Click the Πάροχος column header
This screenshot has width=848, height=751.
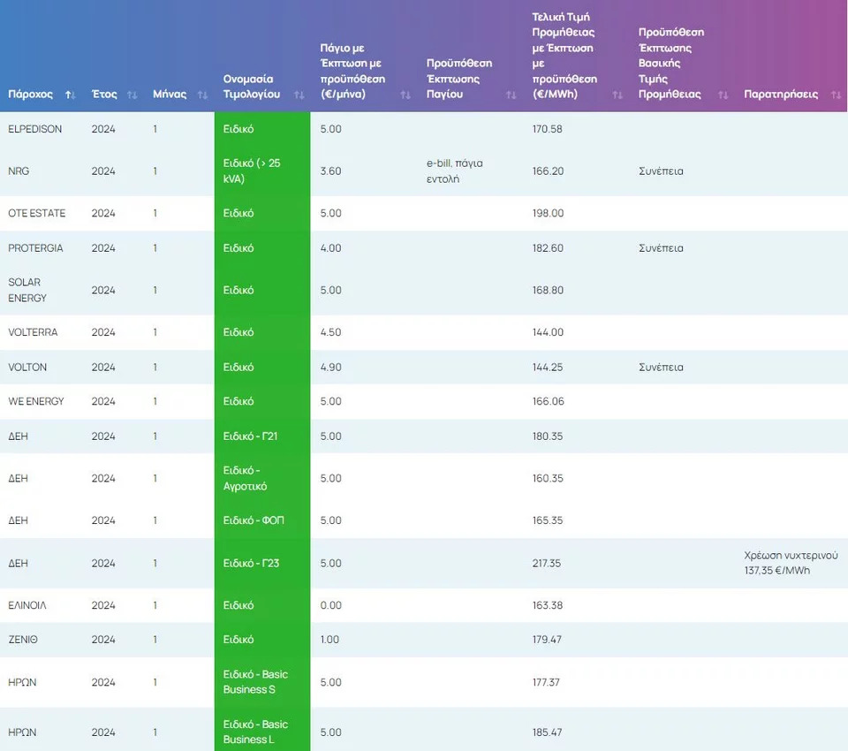(31, 95)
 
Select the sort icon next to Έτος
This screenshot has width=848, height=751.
(132, 95)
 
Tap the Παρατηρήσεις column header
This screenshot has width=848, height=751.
(781, 95)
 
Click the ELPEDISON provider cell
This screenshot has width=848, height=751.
(35, 129)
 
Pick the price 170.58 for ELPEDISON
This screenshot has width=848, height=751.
(548, 129)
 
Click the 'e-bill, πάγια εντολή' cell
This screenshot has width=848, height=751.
(454, 171)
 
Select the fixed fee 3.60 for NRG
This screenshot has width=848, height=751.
(330, 171)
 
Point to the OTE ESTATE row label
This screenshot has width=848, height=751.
(37, 214)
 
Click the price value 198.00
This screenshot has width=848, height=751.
(548, 214)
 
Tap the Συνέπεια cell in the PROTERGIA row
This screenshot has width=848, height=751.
(661, 248)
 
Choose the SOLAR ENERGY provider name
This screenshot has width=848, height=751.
(26, 290)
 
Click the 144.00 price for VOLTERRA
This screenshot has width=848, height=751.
(548, 332)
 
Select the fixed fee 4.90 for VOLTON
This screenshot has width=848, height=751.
(330, 368)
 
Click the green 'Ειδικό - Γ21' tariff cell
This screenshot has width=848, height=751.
(251, 436)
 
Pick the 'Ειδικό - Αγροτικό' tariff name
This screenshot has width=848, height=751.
(246, 478)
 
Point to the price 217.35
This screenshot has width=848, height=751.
(548, 564)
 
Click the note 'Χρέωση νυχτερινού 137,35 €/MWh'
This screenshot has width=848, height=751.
(791, 563)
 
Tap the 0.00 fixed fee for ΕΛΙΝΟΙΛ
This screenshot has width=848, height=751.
(330, 606)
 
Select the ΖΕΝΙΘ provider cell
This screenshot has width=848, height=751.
(24, 640)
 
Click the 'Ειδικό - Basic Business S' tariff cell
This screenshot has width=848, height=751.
(255, 682)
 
